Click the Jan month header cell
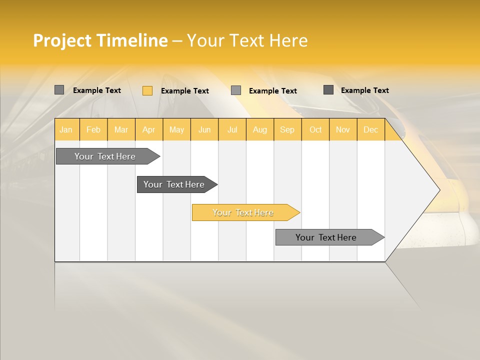(66, 129)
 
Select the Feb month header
(93, 129)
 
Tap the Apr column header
(148, 129)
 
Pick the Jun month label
(204, 129)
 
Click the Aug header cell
(259, 129)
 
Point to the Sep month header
(287, 129)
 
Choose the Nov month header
(342, 129)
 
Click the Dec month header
(370, 129)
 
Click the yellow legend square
(147, 90)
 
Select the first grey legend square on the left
(59, 90)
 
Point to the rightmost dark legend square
(328, 89)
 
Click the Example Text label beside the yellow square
(184, 91)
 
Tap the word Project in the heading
(62, 40)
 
